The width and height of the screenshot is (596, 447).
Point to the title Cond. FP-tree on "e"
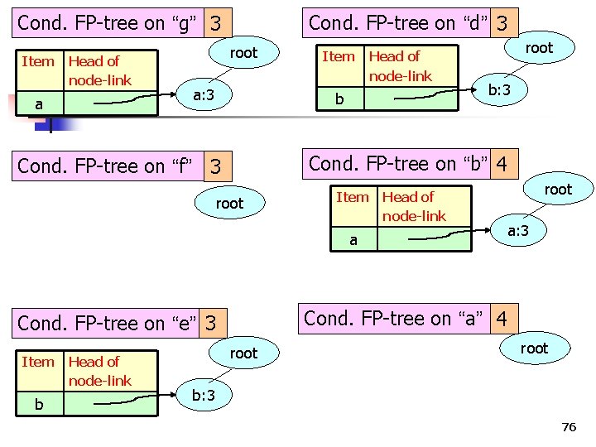[x=108, y=323]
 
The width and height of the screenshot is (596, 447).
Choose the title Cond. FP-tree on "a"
[x=396, y=317]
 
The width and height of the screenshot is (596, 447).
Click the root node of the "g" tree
[x=243, y=53]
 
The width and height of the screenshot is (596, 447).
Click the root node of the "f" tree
[x=229, y=203]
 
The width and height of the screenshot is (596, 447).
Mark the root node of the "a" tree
[x=534, y=348]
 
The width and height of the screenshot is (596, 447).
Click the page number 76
[x=568, y=427]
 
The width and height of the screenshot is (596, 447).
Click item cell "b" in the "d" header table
[x=339, y=100]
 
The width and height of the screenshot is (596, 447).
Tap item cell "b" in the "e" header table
[x=38, y=405]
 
